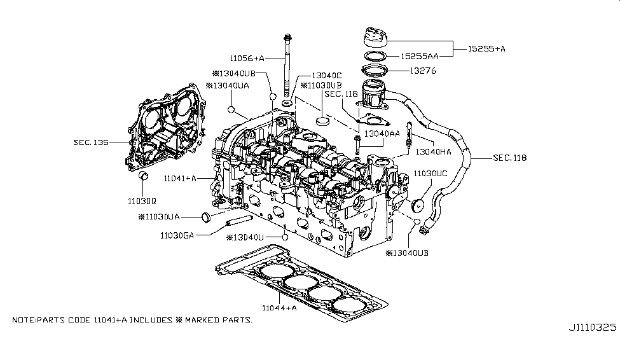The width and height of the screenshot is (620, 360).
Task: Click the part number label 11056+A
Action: pyautogui.click(x=246, y=58)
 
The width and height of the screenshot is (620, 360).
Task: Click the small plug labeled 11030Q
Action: pyautogui.click(x=144, y=175)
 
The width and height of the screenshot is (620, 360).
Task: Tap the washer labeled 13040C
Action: pyautogui.click(x=286, y=102)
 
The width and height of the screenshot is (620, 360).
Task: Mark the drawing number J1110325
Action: pyautogui.click(x=592, y=328)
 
